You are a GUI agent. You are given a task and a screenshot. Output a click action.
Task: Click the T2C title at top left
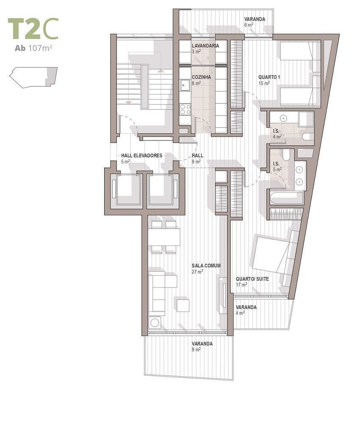pyautogui.click(x=33, y=29)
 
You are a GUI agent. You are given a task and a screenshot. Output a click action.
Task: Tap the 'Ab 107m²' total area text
pyautogui.click(x=33, y=48)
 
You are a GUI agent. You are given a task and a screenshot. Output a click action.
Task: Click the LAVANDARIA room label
pyautogui.click(x=205, y=46)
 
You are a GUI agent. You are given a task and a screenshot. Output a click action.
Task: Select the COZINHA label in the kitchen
pyautogui.click(x=201, y=77)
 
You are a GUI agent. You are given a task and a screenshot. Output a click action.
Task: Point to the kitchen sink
pyautogui.click(x=185, y=85)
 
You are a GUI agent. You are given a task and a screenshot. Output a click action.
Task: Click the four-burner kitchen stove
pyautogui.click(x=185, y=109)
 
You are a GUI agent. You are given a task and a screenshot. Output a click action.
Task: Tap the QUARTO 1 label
pyautogui.click(x=269, y=77)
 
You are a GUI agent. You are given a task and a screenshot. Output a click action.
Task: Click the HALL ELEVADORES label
pyautogui.click(x=141, y=155)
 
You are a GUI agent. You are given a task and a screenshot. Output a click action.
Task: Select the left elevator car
pyautogui.click(x=128, y=190)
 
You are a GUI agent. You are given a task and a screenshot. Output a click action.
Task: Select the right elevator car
pyautogui.click(x=161, y=190)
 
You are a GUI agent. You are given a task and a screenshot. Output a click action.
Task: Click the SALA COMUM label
pyautogui.click(x=206, y=265)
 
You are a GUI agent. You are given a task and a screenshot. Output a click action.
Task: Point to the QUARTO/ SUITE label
pyautogui.click(x=252, y=279)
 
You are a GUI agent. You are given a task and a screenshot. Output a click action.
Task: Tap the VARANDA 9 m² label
pyautogui.click(x=202, y=346)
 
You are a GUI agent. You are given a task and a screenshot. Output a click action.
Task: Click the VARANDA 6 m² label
pyautogui.click(x=255, y=22)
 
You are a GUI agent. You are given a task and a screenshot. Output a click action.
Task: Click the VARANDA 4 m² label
pyautogui.click(x=246, y=310)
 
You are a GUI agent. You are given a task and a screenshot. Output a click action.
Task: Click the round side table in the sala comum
pyautogui.click(x=155, y=322)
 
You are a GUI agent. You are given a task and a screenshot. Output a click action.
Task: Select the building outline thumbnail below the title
pyautogui.click(x=33, y=77)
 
